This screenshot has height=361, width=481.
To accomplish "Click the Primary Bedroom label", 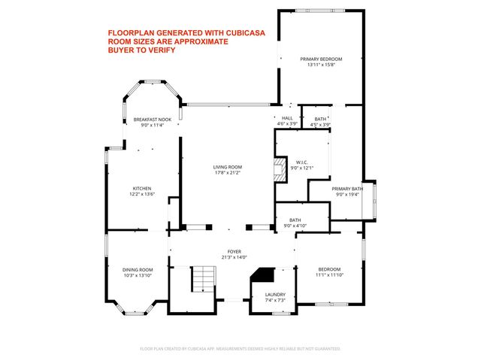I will tap(321, 59).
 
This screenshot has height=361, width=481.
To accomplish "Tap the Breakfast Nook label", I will tap(153, 120).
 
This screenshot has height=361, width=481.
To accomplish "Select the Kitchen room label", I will tap(143, 188).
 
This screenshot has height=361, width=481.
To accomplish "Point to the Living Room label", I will tap(226, 167).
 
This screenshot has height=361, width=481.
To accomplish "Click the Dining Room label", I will tap(138, 269).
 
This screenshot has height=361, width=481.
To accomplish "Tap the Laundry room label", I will tap(274, 295).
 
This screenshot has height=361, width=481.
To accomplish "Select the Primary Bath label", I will tap(347, 189).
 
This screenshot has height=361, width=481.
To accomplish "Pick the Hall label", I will tap(287, 118).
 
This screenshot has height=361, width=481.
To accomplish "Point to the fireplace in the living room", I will tap(280, 166).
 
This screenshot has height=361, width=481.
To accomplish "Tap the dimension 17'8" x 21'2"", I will tap(226, 173).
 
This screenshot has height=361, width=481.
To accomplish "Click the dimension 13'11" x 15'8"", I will tap(321, 65).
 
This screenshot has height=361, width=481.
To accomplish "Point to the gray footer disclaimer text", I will tap(240, 349).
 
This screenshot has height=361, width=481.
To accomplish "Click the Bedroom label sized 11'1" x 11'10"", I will tap(329, 269).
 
